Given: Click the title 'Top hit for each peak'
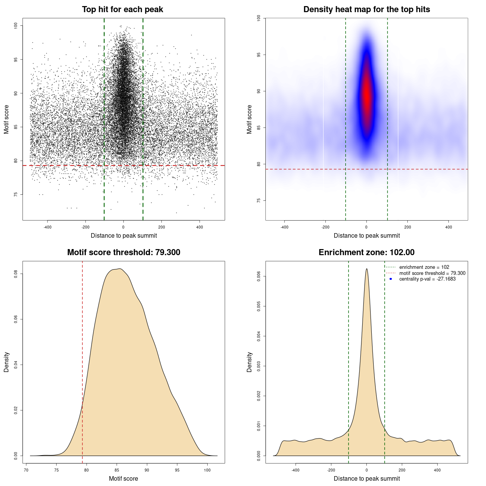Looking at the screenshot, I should point(122,9).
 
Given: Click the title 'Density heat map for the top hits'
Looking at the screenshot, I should point(366,9).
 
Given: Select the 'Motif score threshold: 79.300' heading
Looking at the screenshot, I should point(123,252).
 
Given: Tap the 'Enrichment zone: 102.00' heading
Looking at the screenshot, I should point(366,252).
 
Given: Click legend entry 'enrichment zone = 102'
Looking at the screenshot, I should point(424,267).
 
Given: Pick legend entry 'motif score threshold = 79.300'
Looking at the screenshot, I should point(432,273).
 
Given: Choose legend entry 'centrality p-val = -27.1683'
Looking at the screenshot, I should point(427,279).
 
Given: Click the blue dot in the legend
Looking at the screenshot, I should point(391,279).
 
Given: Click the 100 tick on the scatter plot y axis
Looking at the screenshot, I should point(16,25).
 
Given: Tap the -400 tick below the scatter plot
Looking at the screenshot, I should point(47,227).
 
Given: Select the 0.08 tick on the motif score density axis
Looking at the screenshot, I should point(16,274).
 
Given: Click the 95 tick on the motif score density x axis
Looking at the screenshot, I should point(177,470).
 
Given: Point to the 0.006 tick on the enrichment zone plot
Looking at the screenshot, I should point(259,276).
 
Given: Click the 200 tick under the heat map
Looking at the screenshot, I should point(407,227).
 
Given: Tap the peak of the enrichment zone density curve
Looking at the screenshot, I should point(366,269).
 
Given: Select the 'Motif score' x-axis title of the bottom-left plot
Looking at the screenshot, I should point(123,478).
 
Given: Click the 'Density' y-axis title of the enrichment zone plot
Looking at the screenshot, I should point(249,362).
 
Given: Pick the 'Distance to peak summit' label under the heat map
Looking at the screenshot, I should point(366,235).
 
